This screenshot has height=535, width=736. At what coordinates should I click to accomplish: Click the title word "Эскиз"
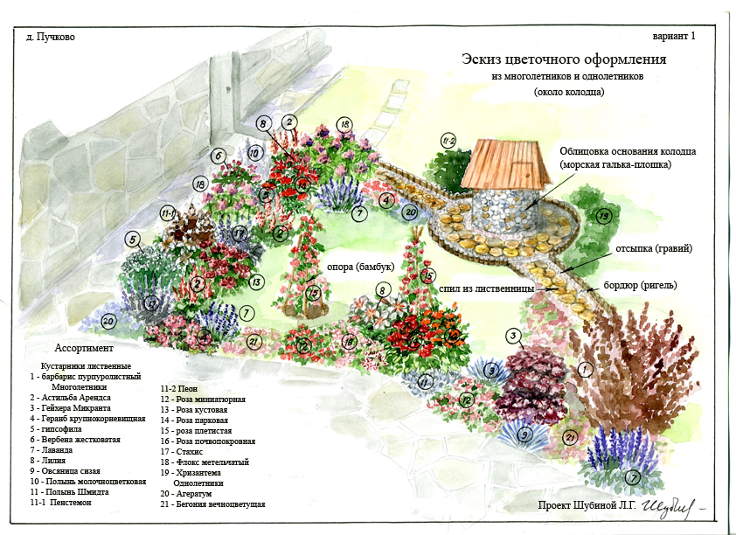(484, 60)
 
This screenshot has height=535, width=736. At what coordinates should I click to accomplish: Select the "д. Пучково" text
(49, 38)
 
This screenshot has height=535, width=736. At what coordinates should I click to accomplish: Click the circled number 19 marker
(602, 217)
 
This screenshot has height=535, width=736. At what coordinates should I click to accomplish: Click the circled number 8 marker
(381, 290)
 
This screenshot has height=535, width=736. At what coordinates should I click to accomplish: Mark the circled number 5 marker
(132, 239)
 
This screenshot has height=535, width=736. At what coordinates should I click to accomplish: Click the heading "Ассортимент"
(81, 346)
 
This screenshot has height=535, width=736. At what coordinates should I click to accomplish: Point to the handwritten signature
(668, 505)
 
